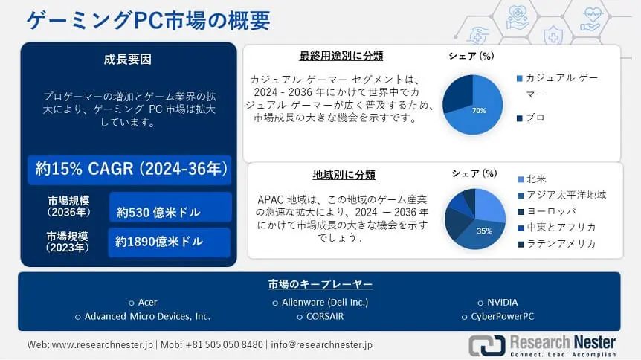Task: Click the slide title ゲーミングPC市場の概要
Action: (x=148, y=20)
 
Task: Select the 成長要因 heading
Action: (x=128, y=60)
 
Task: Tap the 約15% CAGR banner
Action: (x=129, y=169)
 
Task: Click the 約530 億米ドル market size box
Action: (x=170, y=208)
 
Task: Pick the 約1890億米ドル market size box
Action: (x=170, y=242)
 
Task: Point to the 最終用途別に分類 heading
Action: (x=341, y=56)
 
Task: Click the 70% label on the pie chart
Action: (x=479, y=110)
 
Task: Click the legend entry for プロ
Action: (x=531, y=118)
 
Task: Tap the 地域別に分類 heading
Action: (x=344, y=175)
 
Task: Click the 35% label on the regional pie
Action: (x=484, y=231)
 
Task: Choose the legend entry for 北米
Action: (x=532, y=179)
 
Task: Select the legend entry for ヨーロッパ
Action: (x=547, y=211)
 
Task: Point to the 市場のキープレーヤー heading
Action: (x=320, y=284)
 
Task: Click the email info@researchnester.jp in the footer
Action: (x=322, y=344)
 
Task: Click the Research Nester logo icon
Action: (x=487, y=345)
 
